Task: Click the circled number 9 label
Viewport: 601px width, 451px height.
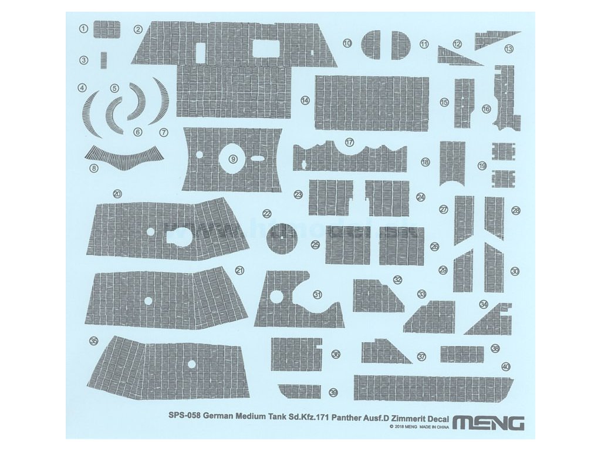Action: point(233,159)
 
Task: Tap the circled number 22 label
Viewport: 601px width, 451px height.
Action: point(267,214)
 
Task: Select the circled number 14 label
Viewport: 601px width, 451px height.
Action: point(305,100)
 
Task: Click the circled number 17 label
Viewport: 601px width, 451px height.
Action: point(350,143)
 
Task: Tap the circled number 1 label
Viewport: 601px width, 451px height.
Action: point(84,28)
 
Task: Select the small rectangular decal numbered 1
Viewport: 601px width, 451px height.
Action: point(107,29)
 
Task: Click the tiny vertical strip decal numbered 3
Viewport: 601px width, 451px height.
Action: point(104,60)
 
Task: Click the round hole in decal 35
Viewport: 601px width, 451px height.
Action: point(191,364)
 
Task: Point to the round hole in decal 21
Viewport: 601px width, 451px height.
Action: point(148,301)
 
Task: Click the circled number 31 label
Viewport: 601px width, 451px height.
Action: point(318,294)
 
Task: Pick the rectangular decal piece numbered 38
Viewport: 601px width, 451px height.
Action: point(462,354)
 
